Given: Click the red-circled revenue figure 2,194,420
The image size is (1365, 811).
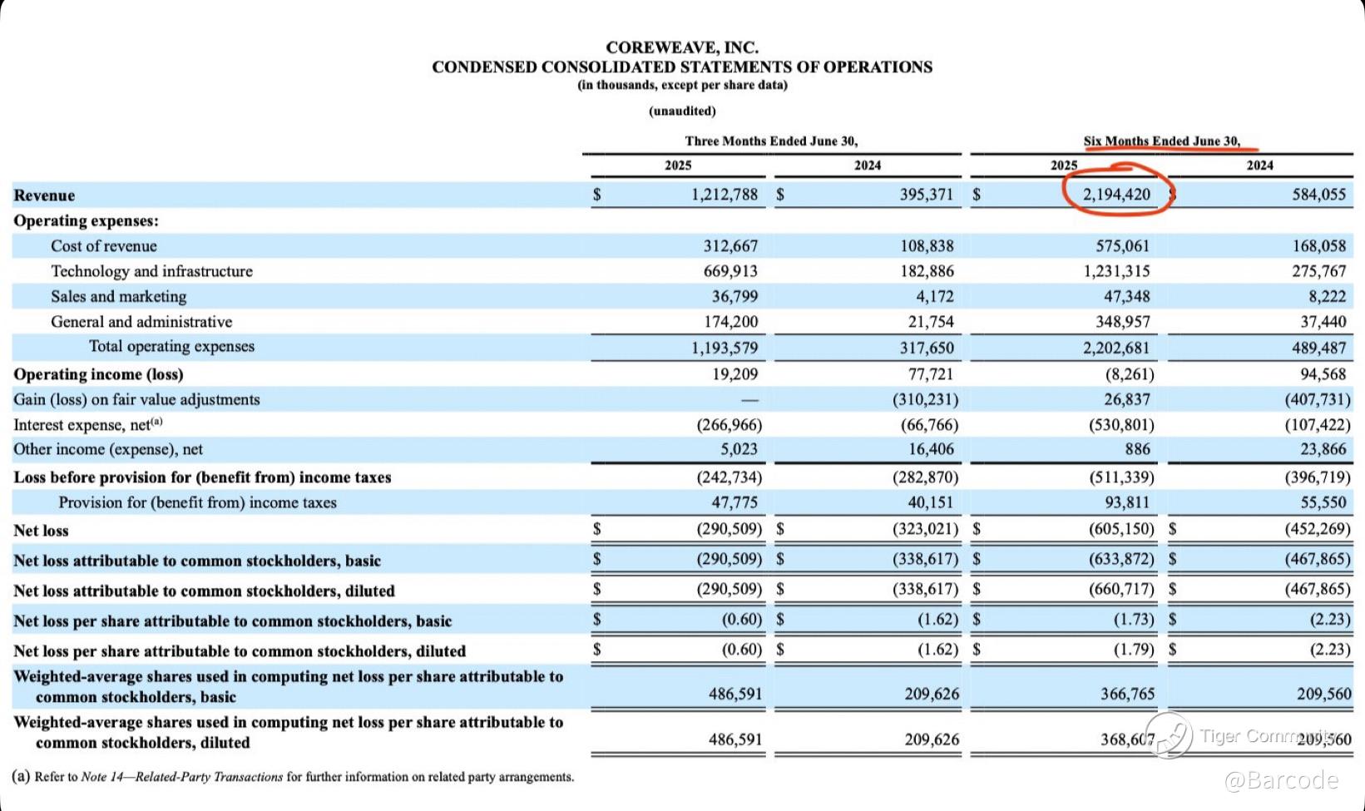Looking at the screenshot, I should (1116, 195).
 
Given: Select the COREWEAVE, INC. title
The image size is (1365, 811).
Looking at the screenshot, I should (681, 47).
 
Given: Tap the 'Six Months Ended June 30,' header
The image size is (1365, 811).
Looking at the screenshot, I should (1161, 141).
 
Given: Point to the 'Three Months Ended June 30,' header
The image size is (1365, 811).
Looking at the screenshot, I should (771, 141).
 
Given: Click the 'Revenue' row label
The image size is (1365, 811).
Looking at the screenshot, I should (44, 195).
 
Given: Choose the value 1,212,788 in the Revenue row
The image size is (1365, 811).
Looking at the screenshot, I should (724, 195).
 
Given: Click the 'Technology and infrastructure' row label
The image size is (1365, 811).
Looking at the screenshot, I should (151, 271).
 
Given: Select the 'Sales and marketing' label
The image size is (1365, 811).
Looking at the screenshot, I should (118, 296).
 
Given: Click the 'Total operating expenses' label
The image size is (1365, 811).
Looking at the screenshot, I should (171, 346).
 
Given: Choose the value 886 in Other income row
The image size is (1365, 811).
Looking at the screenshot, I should (1137, 449).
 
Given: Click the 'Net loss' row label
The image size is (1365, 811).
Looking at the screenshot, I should (41, 531).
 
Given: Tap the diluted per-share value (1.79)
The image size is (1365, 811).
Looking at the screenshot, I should (1134, 649).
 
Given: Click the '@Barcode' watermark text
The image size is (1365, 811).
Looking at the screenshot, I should (1280, 779).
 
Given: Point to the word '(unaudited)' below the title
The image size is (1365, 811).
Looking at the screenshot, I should (682, 111).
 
